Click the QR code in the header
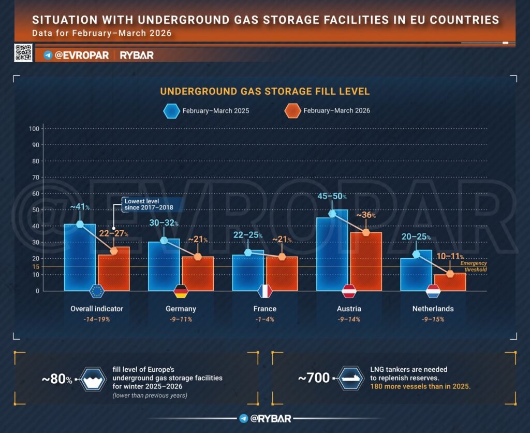pyautogui.click(x=22, y=53)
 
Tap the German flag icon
pyautogui.click(x=181, y=291)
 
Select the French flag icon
pyautogui.click(x=265, y=291)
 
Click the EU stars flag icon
pyautogui.click(x=97, y=291)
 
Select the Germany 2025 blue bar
pyautogui.click(x=163, y=264)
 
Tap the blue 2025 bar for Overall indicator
pyautogui.click(x=79, y=257)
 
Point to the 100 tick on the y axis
pyautogui.click(x=35, y=129)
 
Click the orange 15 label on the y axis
pyautogui.click(x=35, y=267)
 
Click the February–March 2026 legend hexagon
pyautogui.click(x=292, y=110)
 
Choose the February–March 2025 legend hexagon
pyautogui.click(x=171, y=110)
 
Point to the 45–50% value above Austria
pyautogui.click(x=331, y=197)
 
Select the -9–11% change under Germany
pyautogui.click(x=181, y=319)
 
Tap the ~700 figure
pyautogui.click(x=314, y=378)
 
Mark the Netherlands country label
pyautogui.click(x=434, y=309)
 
